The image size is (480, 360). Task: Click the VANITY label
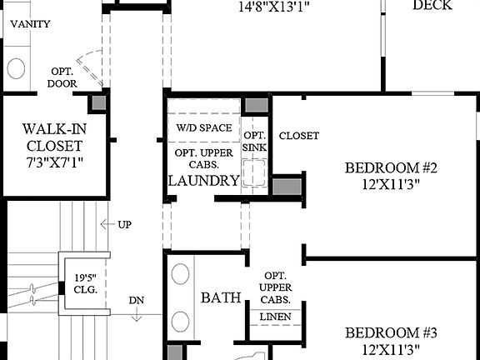[x=29, y=24]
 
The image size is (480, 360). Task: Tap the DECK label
[x=432, y=6]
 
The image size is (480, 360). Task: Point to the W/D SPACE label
[x=203, y=128]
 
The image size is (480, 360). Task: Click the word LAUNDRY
[x=203, y=180]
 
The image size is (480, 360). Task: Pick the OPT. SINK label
[x=254, y=142]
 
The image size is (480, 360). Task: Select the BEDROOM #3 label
[x=391, y=341]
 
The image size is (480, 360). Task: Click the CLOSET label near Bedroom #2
[x=298, y=136]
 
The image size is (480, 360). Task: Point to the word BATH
[x=221, y=297]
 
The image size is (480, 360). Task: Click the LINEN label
[x=275, y=317]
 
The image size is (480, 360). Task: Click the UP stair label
[x=122, y=224]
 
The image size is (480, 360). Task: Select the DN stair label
[x=137, y=301]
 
